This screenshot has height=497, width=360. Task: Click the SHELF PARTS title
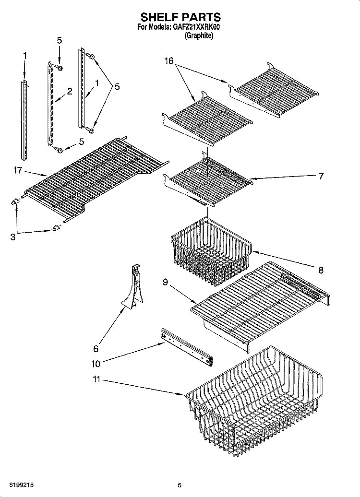[x=180, y=17]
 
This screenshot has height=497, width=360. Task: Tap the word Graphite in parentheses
[x=199, y=36]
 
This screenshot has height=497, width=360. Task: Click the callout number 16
[x=169, y=60]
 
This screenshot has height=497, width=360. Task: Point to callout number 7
[x=321, y=176]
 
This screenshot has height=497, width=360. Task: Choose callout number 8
[x=321, y=270]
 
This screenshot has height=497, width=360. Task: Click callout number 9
[x=165, y=282]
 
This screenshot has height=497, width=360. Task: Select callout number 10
[x=96, y=364]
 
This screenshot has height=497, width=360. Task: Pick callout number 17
[x=18, y=170]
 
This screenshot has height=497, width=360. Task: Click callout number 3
[x=12, y=237]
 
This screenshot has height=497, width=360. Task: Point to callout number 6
[x=96, y=349]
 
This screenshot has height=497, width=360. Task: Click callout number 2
[x=70, y=91]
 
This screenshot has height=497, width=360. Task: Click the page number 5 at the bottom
[x=180, y=485]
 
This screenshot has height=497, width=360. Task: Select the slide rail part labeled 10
[x=187, y=347]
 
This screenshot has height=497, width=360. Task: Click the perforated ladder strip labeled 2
[x=50, y=103]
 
